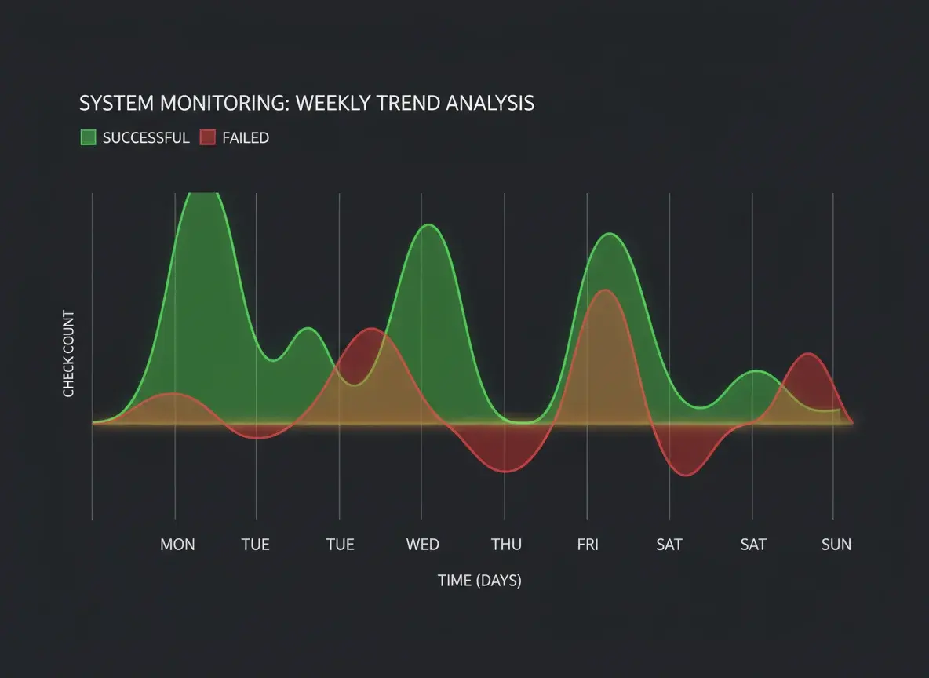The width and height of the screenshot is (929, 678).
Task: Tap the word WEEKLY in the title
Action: pyautogui.click(x=330, y=103)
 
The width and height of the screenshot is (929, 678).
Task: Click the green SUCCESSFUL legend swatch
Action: pyautogui.click(x=88, y=138)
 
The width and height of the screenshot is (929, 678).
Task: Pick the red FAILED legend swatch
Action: pyautogui.click(x=207, y=138)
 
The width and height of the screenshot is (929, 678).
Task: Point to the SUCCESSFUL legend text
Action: pyautogui.click(x=146, y=138)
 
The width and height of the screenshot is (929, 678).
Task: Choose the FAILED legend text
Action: pyautogui.click(x=246, y=138)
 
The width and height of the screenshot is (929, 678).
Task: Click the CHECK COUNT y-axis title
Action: pyautogui.click(x=69, y=354)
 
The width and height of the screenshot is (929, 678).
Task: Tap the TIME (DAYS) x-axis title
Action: pyautogui.click(x=479, y=581)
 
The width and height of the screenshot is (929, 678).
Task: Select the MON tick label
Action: pyautogui.click(x=177, y=545)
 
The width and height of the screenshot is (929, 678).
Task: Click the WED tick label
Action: pyautogui.click(x=422, y=545)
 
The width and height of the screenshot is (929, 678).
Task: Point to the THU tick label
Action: pyautogui.click(x=506, y=545)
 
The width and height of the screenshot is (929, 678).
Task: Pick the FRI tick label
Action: pyautogui.click(x=588, y=545)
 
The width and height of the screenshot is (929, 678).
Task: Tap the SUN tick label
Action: pyautogui.click(x=836, y=545)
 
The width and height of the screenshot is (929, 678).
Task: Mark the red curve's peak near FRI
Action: pyautogui.click(x=604, y=290)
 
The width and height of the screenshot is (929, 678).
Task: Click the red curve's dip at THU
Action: pyautogui.click(x=505, y=472)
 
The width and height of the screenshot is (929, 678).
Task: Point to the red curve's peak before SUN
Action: pyautogui.click(x=808, y=354)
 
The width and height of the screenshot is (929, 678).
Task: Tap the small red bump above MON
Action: pyautogui.click(x=172, y=393)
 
